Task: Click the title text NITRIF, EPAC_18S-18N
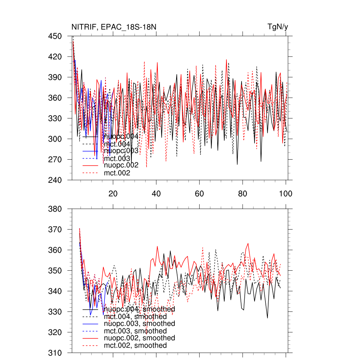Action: (111, 27)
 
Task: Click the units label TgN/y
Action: (278, 27)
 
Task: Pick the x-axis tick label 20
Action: (113, 194)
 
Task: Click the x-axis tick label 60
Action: (199, 194)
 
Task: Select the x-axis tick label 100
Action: (285, 194)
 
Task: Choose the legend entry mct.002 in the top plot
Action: (117, 173)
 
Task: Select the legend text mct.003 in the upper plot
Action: (117, 158)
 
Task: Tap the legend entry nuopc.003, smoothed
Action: (139, 323)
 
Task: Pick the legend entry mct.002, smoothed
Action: (135, 346)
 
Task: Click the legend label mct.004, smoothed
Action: (135, 317)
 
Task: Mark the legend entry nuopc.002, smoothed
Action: (139, 338)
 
